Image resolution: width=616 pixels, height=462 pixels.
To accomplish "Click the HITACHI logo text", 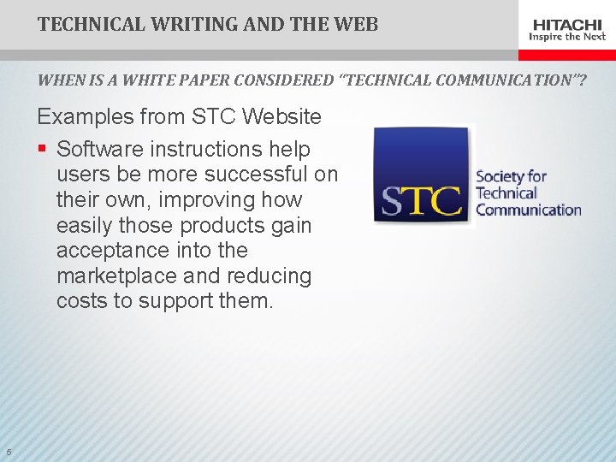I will [x=567, y=23].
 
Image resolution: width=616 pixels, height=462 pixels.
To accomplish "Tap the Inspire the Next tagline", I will [x=567, y=37].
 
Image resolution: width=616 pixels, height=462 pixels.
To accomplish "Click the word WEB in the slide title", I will [x=356, y=24].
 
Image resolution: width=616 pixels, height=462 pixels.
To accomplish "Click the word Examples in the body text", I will [x=82, y=116].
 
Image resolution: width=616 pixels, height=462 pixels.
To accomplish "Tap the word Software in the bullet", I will [x=99, y=149].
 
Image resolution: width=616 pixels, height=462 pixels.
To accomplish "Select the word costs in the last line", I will [x=79, y=301].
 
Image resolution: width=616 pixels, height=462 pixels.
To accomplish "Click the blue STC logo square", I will [x=423, y=176].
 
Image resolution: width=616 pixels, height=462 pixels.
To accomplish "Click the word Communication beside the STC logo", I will [x=528, y=210].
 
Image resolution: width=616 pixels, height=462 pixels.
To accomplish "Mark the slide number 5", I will [x=8, y=453].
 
